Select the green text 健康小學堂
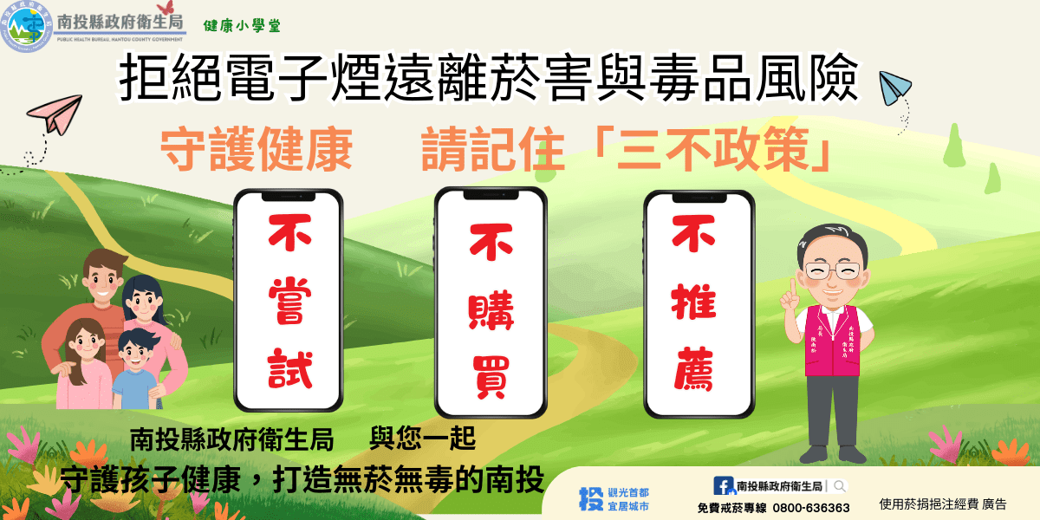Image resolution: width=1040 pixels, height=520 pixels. [242, 25]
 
